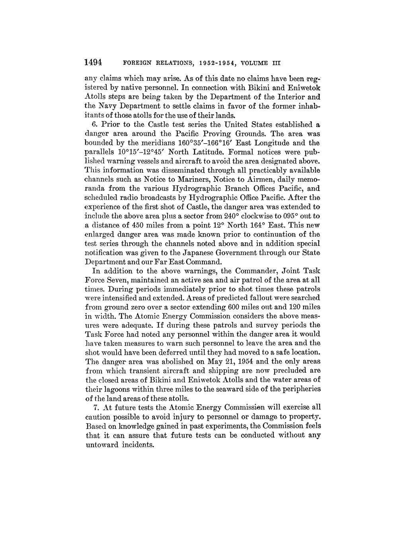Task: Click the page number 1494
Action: coord(93,63)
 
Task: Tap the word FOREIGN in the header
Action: coord(136,63)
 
